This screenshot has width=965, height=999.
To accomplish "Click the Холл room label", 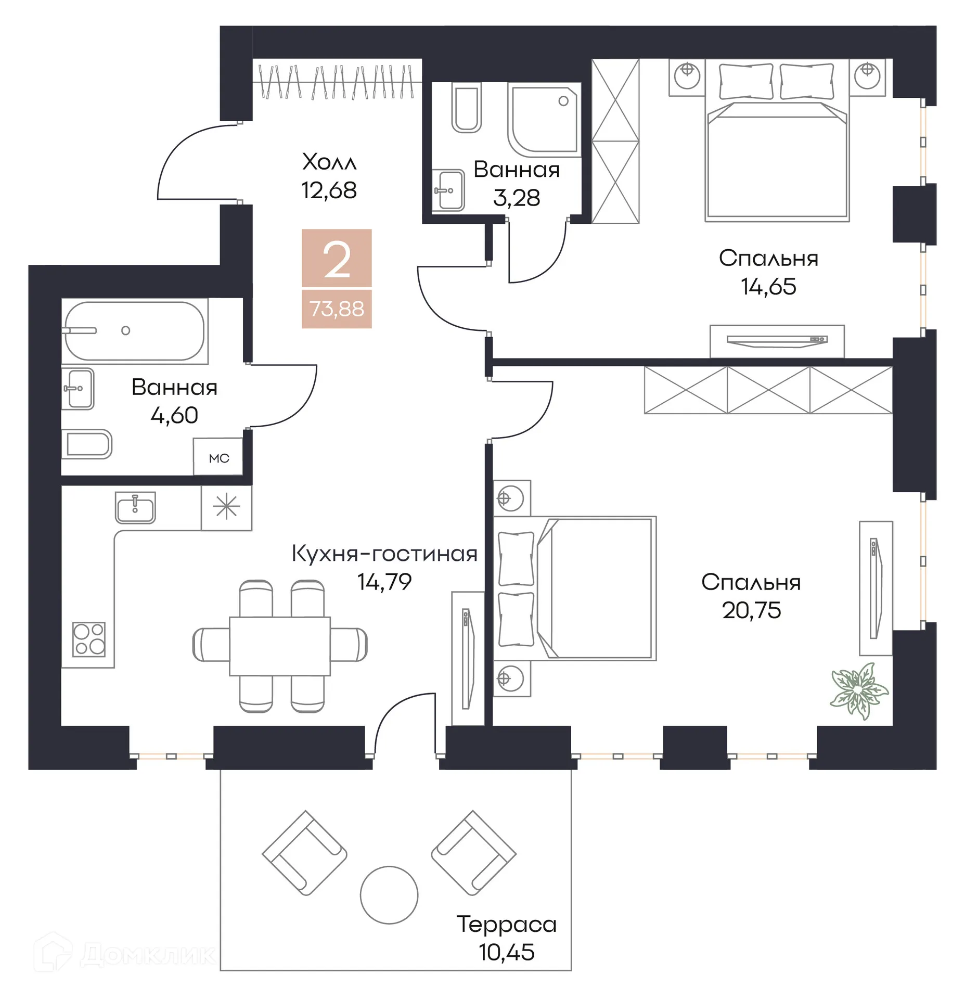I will tap(329, 162).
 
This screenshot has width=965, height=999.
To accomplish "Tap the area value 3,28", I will tap(516, 198).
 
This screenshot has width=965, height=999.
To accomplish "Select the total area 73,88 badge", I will tap(337, 309).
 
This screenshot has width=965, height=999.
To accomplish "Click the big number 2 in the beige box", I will tap(337, 259).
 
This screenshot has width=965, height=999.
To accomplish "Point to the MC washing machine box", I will tap(218, 457).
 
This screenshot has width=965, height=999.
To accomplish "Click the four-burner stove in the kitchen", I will tap(89, 638).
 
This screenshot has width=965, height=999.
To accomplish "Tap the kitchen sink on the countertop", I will tap(135, 507).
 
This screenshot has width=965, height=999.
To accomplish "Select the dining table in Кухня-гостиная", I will tap(279, 646).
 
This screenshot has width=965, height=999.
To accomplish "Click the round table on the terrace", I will tap(389, 894).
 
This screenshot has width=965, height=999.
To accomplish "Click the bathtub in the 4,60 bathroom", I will tap(134, 331).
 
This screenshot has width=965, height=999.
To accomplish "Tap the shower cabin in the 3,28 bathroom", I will tap(544, 121).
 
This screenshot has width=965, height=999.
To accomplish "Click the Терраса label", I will tap(506, 924).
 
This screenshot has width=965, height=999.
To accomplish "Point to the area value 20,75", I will tap(751, 610).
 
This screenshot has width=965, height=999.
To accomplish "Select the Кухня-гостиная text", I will tap(384, 553).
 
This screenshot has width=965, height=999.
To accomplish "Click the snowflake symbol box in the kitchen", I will tap(226, 508).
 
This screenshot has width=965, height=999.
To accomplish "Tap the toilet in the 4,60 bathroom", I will tap(87, 444).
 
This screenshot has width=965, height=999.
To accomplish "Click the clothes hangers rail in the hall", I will tap(337, 82).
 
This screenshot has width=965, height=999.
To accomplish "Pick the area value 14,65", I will tap(768, 286).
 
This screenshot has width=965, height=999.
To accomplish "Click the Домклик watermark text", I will tap(148, 954).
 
